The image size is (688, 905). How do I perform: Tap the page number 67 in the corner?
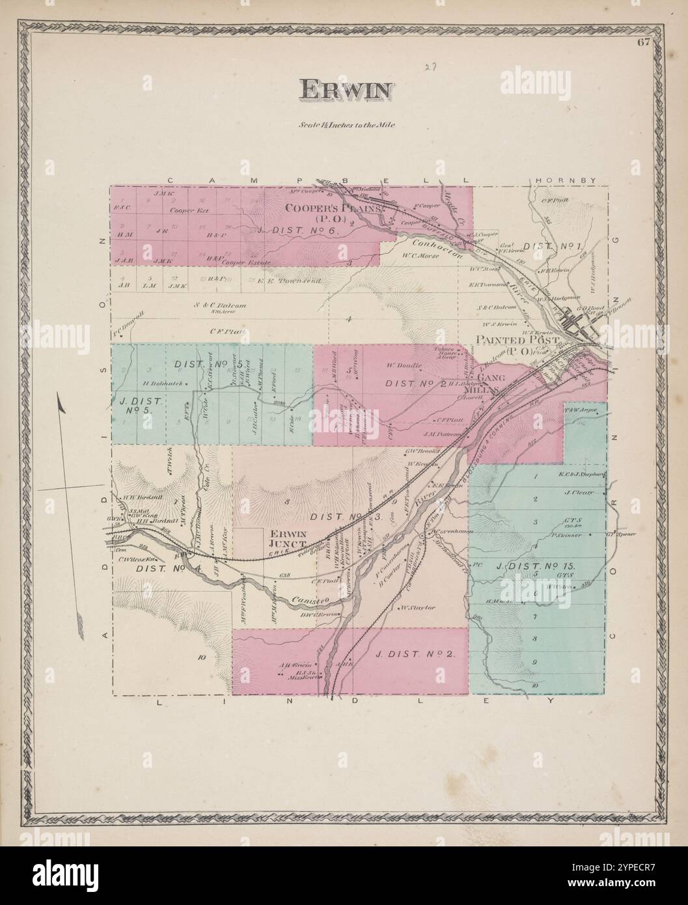click(644, 44)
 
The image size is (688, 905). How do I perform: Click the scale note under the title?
click(344, 124)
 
